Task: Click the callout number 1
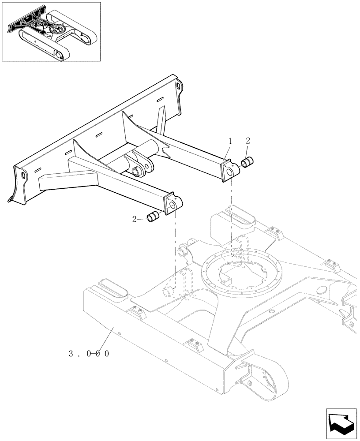coord(230,142)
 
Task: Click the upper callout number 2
coord(248,141)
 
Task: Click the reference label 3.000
coord(89,353)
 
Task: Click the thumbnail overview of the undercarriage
coord(51,31)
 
